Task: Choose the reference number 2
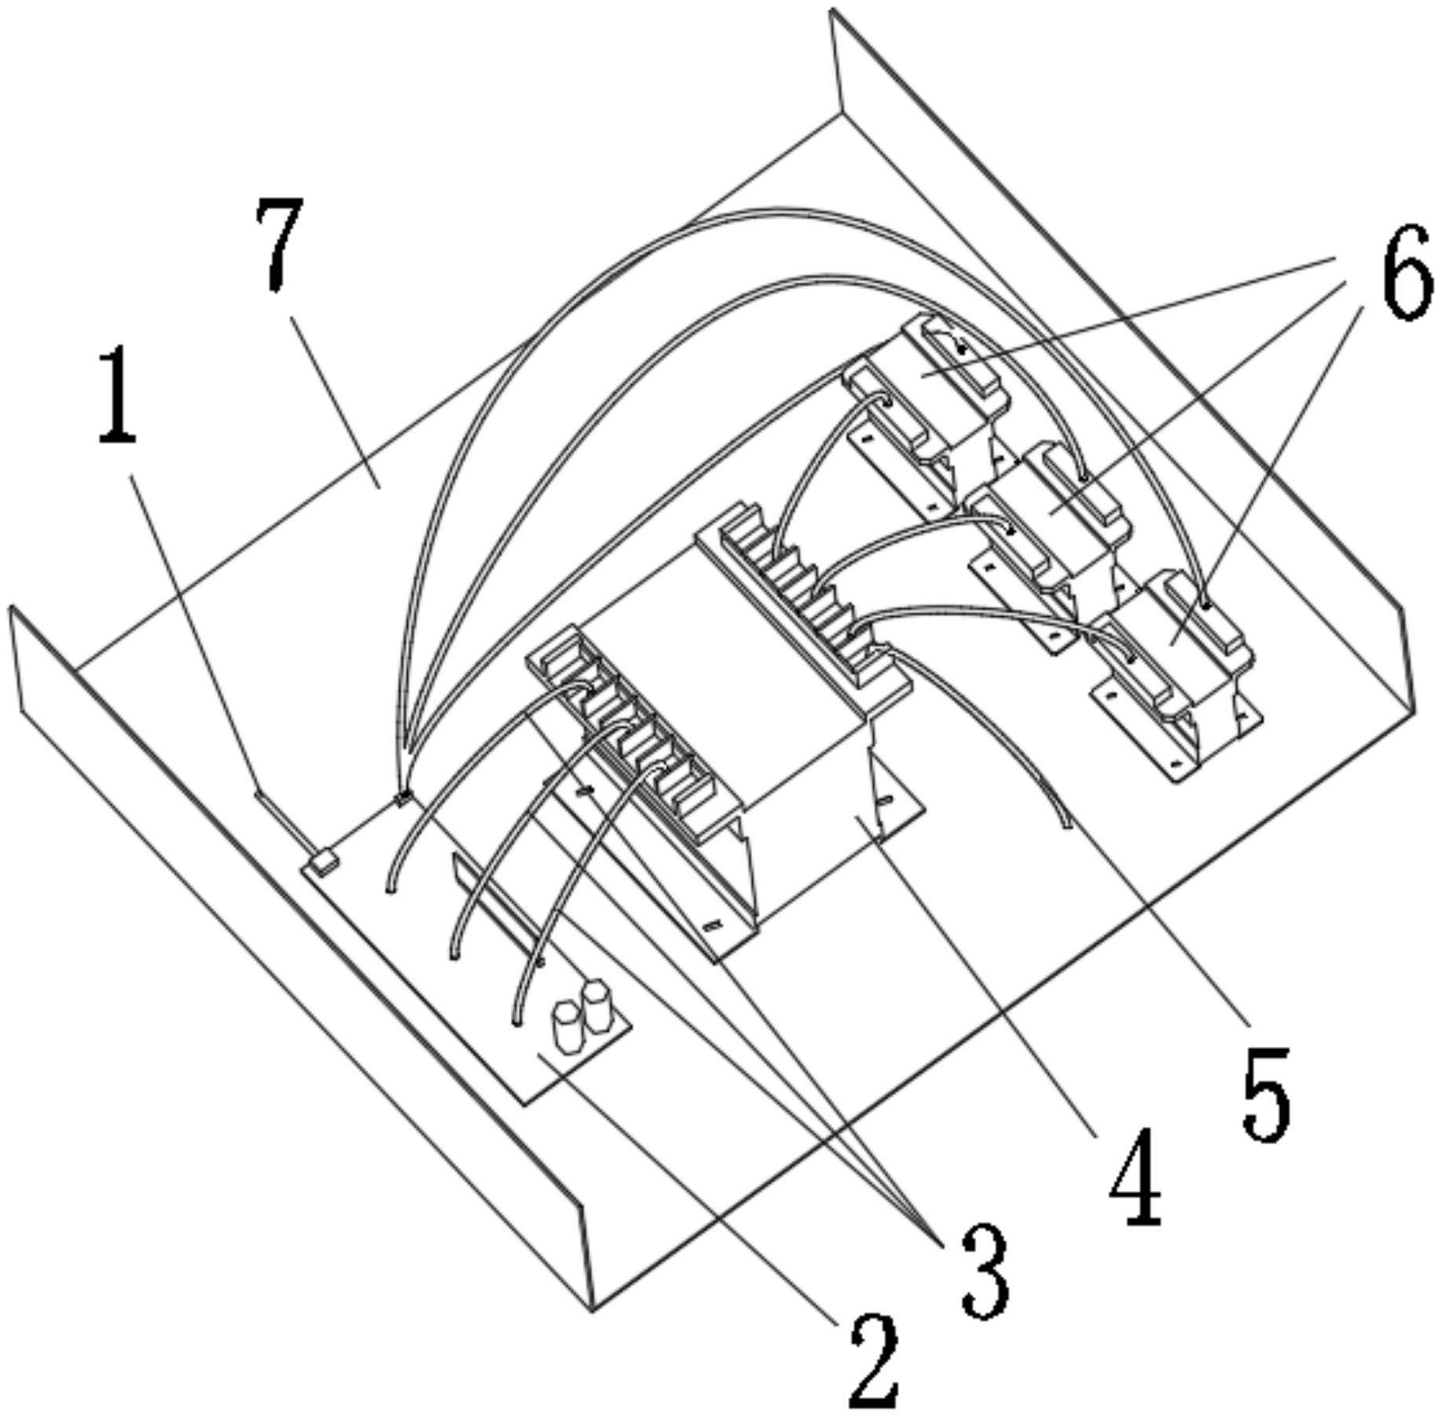click(x=872, y=1360)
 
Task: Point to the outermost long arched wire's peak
click(x=786, y=211)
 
